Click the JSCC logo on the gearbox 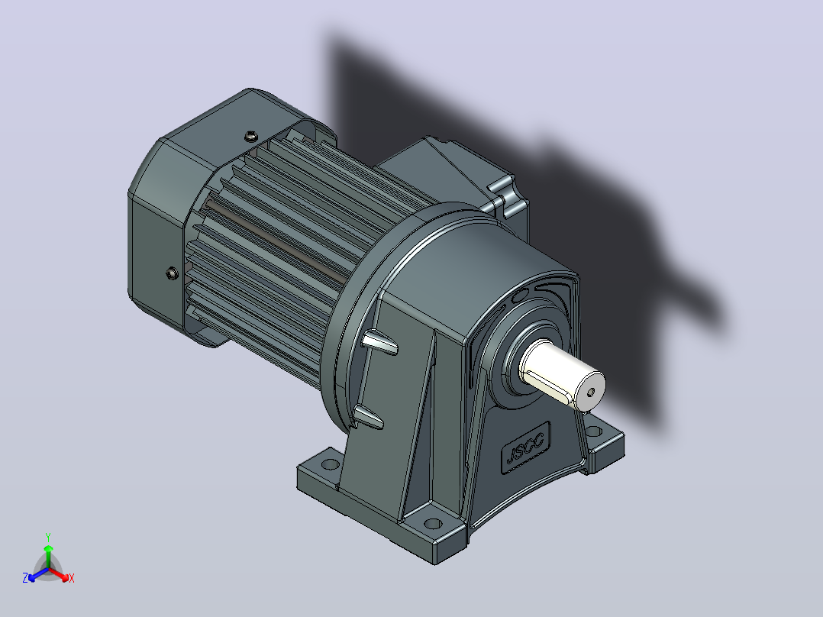tap(526, 448)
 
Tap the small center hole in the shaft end tap(591, 392)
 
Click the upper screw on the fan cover tap(251, 137)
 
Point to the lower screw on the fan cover tap(173, 273)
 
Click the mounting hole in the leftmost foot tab tap(330, 464)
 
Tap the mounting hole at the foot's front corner tap(433, 524)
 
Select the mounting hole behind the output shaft tap(593, 431)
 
